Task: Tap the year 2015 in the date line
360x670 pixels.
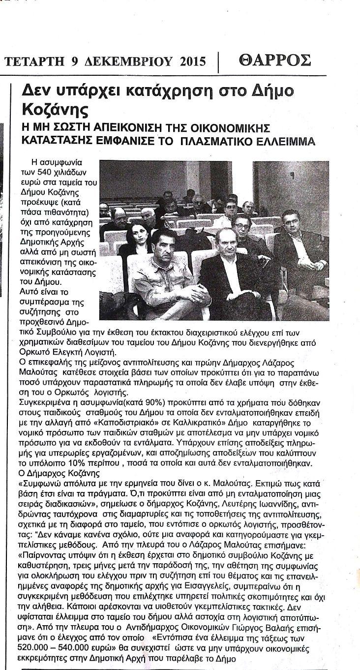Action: (x=192, y=61)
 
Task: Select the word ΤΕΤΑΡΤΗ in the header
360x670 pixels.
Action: (x=34, y=61)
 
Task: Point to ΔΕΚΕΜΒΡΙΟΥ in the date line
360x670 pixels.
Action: (x=124, y=61)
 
